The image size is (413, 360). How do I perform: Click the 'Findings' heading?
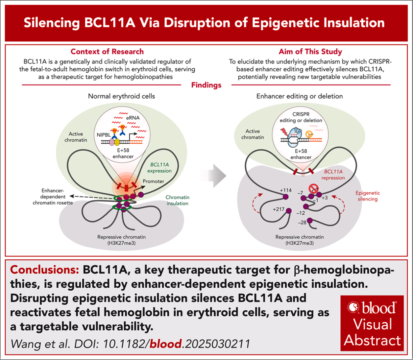point(206,85)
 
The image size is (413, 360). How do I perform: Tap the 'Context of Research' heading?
point(107,51)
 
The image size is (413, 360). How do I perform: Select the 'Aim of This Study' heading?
point(310,51)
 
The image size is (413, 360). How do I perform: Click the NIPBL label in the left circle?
point(104,135)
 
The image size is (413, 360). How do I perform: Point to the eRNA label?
point(133,118)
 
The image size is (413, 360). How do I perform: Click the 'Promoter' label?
point(154,181)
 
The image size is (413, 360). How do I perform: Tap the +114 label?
point(286,190)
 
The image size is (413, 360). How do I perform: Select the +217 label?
point(279,209)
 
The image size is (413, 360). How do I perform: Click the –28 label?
point(302,223)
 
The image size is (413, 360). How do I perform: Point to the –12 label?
point(300,213)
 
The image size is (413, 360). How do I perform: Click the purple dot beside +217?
point(289,211)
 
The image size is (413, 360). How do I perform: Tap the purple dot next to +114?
point(285,197)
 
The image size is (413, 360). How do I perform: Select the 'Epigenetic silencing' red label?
point(368,196)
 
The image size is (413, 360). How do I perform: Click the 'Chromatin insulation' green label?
point(177,200)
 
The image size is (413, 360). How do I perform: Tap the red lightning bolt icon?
point(285,132)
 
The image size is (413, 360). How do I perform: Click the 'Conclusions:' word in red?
point(45,270)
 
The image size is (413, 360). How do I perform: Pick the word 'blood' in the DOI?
point(166,344)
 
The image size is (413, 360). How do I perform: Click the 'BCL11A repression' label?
point(333,175)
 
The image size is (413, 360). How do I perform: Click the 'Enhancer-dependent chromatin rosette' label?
point(53,196)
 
